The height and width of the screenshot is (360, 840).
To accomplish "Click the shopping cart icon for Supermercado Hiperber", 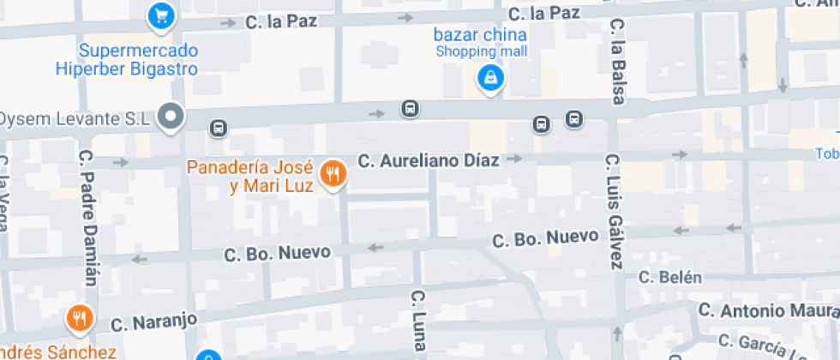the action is (160, 15).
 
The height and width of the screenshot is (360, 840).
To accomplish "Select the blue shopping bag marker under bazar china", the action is (489, 79).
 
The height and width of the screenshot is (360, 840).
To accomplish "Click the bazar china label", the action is (480, 35).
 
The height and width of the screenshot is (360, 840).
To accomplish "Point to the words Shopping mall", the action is (480, 51).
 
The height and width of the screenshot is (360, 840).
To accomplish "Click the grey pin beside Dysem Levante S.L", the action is (172, 116).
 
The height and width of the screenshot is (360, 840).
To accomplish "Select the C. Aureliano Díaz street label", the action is (428, 159).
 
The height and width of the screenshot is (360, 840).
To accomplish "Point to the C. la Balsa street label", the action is (616, 63).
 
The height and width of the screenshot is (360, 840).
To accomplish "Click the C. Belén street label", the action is (670, 277).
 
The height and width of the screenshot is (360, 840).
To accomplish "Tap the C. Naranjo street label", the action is (154, 322).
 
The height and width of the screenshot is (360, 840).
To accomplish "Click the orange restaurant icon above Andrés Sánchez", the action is (80, 319).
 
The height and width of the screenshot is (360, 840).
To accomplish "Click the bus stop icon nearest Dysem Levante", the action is (218, 129).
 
